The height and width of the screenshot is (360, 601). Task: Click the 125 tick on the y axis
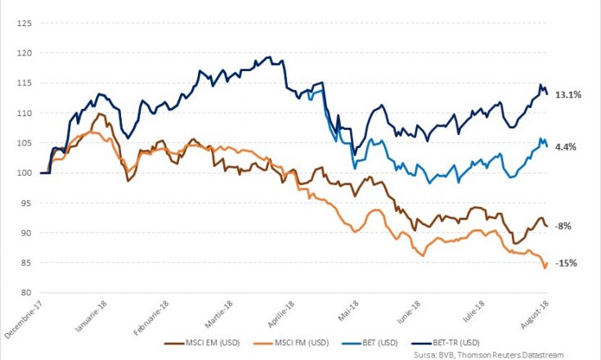pos(25,23)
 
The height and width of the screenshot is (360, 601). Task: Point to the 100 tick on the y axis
pos(25,173)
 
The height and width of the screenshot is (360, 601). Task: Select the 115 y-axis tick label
pos(25,83)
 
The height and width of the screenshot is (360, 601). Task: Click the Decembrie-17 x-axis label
pos(24,318)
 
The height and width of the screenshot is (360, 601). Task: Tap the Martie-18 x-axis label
pos(219,314)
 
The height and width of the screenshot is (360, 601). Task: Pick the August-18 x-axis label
pos(535,314)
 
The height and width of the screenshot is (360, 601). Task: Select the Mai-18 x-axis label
pos(348,310)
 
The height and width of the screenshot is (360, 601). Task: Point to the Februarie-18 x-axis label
pos(151,317)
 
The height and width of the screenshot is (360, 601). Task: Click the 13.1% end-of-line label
pos(568,95)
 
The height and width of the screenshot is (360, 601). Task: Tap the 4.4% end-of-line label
pos(565,146)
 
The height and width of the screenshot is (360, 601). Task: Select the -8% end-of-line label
pos(563,226)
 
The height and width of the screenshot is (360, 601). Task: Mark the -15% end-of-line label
pos(566,263)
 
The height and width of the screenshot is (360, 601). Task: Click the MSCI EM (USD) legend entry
pos(202,343)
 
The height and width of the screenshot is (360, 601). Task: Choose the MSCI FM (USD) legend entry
pos(291,343)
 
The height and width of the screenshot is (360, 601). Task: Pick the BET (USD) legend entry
pos(370,343)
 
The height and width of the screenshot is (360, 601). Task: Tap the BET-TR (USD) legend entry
pos(446,343)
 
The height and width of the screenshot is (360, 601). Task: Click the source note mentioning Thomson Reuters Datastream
pos(489,355)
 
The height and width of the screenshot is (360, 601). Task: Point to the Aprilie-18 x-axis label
pos(281,314)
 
